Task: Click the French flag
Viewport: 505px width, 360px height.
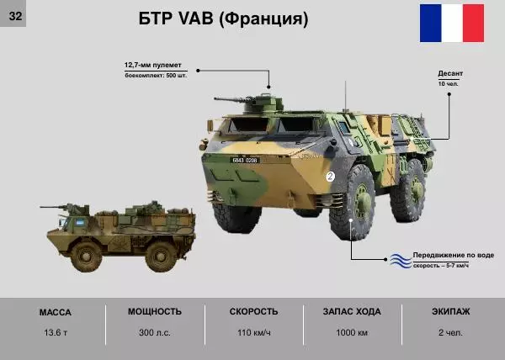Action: pos(452,23)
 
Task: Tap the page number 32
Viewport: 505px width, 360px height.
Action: pos(14,13)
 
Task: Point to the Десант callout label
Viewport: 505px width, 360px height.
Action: pos(450,74)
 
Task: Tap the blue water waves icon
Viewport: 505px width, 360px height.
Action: pos(398,260)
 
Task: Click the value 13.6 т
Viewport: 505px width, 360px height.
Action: pos(56,332)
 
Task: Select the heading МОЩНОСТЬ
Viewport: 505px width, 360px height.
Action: pos(155,311)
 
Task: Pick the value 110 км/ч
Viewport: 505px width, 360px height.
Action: pos(253,332)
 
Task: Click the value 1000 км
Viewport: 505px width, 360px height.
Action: pos(351,332)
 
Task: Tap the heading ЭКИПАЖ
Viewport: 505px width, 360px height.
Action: pos(450,311)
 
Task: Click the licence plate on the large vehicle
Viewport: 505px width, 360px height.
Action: pos(245,160)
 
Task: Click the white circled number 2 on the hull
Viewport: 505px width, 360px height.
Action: pos(330,177)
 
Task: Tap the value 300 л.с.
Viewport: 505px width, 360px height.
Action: pos(155,332)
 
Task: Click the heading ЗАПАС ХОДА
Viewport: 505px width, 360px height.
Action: pos(351,311)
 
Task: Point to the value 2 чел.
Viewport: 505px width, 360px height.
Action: pos(450,332)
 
